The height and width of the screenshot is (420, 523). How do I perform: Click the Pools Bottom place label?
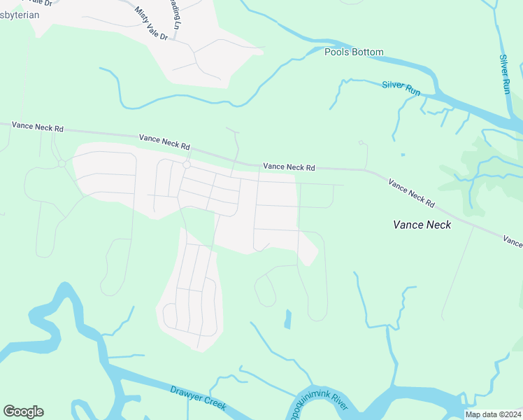click(x=354, y=52)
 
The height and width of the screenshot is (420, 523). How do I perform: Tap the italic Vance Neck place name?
click(x=422, y=225)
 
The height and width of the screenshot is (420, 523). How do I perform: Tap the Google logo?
click(x=23, y=412)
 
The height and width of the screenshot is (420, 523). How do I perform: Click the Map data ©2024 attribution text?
click(x=492, y=414)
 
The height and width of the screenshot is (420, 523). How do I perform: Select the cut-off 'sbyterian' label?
click(x=20, y=14)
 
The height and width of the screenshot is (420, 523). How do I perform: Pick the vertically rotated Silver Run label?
click(x=506, y=74)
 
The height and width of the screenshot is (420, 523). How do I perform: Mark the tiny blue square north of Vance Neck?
click(x=403, y=154)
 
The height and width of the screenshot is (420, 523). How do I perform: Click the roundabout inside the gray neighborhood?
click(x=187, y=165)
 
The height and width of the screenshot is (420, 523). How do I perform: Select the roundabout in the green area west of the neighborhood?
click(x=62, y=164)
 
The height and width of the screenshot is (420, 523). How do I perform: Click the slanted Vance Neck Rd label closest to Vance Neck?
click(x=411, y=193)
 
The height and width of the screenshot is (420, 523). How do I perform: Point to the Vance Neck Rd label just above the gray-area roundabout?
click(x=165, y=142)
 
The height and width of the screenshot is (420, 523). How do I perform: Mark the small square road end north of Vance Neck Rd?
click(x=361, y=143)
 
